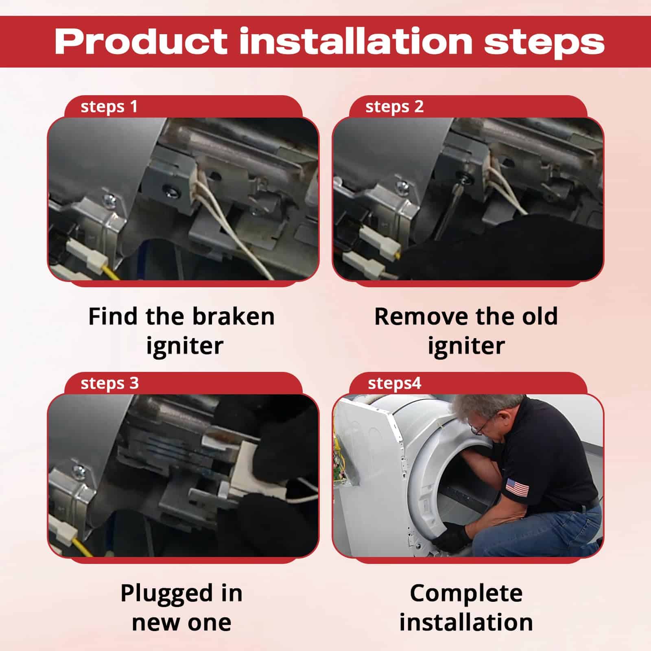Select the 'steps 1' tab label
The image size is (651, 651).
tap(109, 107)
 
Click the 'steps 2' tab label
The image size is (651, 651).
tap(394, 107)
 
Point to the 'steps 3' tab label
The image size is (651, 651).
tap(109, 384)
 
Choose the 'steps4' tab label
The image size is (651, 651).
tap(394, 384)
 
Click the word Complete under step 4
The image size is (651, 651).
tap(466, 594)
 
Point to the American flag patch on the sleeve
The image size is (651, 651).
tap(517, 487)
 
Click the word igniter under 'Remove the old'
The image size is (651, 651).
tap(466, 346)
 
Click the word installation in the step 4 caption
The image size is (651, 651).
tap(466, 623)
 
